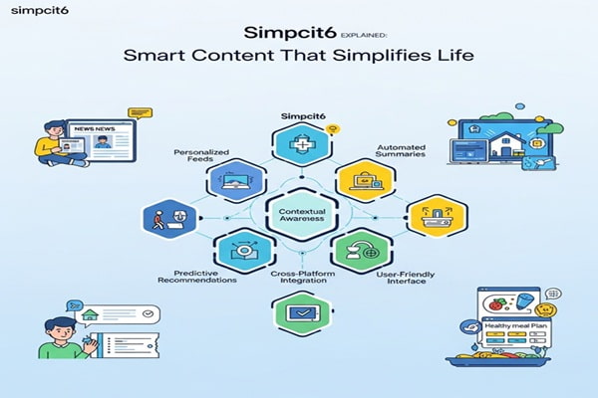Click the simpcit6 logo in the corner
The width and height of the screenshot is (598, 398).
click(x=33, y=15)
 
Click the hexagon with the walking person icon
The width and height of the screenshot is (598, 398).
click(x=163, y=217)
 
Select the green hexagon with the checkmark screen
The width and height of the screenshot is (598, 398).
click(x=300, y=311)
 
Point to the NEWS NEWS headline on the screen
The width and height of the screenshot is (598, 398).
click(x=92, y=130)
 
